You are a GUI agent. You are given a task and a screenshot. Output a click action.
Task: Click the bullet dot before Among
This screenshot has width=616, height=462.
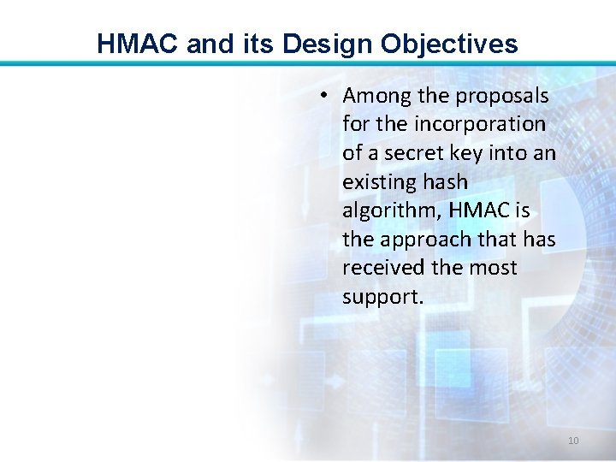[x=325, y=96]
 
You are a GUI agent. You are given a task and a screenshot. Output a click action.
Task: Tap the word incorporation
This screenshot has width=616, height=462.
[x=479, y=124]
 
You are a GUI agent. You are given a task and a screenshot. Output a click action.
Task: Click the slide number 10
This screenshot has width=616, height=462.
[x=572, y=441]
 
